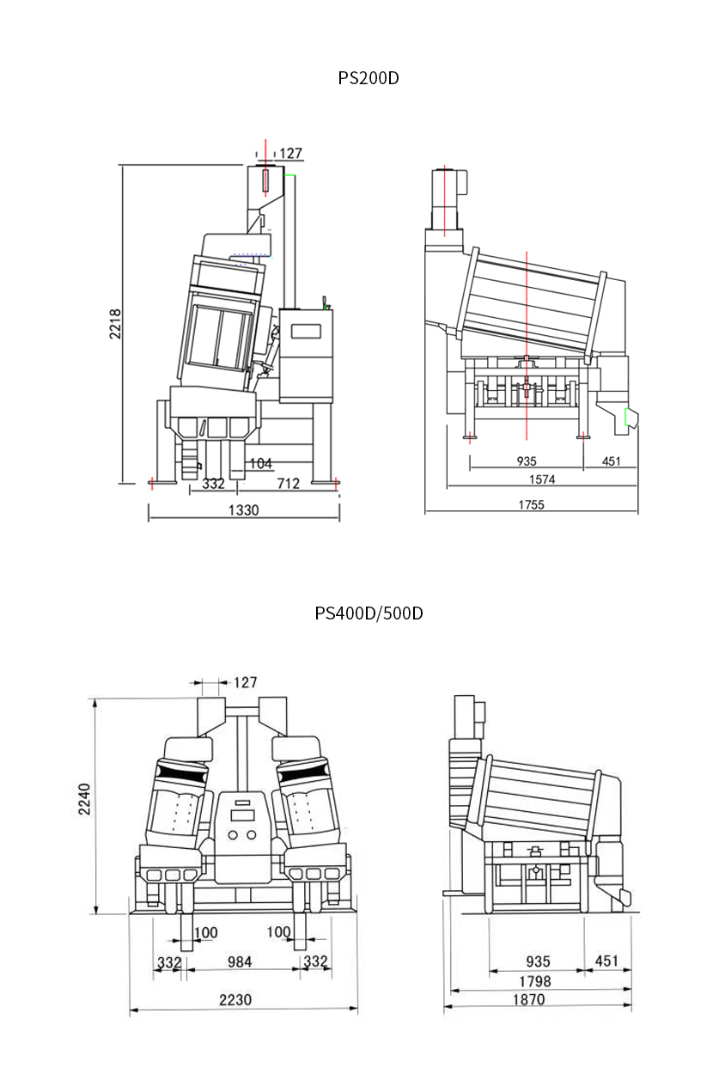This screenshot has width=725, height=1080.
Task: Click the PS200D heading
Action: [369, 78]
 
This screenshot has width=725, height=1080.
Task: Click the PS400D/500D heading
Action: [369, 613]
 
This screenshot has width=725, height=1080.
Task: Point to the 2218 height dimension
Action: [115, 324]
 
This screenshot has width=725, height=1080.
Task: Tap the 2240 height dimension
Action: [84, 799]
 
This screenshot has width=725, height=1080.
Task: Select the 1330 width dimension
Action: [243, 510]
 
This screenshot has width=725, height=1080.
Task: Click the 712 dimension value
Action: [289, 483]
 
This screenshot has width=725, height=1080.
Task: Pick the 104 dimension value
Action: [261, 463]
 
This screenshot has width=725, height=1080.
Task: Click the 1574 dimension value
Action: [542, 479]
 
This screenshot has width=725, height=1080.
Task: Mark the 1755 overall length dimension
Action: [531, 505]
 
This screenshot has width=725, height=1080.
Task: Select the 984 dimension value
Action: [240, 962]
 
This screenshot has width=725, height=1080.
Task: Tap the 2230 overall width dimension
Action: [235, 999]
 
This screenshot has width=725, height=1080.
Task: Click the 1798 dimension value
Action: [534, 981]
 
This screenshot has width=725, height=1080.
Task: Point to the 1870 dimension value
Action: [529, 999]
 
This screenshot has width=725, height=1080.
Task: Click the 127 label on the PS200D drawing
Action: [290, 153]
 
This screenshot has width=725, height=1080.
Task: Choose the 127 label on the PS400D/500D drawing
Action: [246, 682]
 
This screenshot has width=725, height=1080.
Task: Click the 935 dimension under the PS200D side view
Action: [527, 461]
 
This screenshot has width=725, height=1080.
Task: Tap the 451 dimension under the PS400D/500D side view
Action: [606, 961]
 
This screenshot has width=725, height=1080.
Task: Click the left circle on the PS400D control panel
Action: [233, 835]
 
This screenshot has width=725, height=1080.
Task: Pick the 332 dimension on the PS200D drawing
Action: [213, 483]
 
